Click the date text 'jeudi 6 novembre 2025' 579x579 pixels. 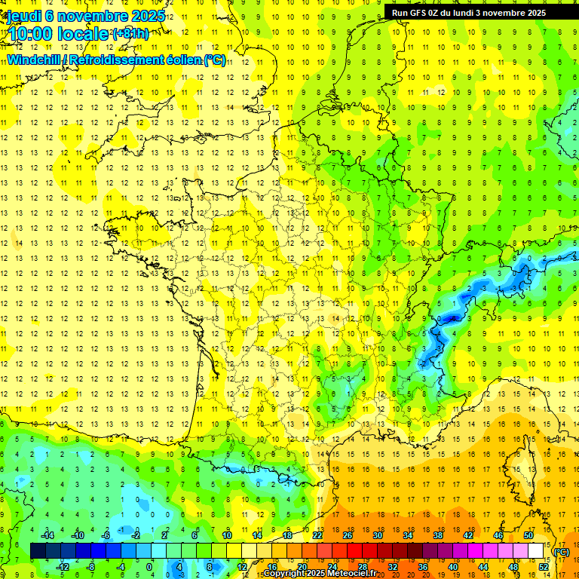click(x=86, y=15)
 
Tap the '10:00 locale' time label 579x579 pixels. click(x=59, y=34)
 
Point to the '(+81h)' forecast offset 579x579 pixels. click(x=130, y=33)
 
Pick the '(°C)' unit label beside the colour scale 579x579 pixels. click(x=561, y=552)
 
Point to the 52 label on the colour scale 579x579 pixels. click(x=544, y=567)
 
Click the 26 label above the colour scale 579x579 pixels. click(x=348, y=535)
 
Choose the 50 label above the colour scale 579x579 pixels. click(x=528, y=535)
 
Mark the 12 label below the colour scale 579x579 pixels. click(x=242, y=567)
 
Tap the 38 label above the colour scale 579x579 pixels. click(x=438, y=535)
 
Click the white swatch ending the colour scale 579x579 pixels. click(x=536, y=551)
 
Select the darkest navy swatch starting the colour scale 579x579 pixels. click(x=38, y=551)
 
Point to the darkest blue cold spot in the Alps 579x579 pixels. click(x=452, y=319)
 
